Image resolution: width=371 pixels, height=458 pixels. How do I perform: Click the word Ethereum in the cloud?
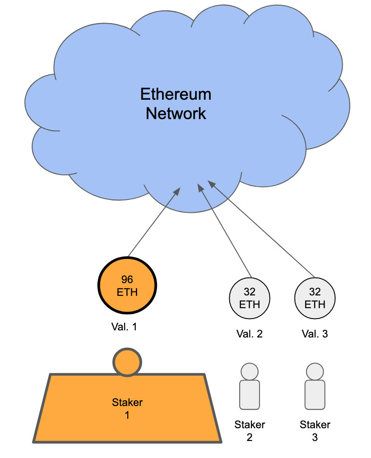[176, 94]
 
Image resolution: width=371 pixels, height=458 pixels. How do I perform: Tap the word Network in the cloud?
[176, 113]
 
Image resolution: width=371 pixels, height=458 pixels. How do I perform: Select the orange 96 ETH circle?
[127, 285]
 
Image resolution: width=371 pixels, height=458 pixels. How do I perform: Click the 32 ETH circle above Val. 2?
[250, 299]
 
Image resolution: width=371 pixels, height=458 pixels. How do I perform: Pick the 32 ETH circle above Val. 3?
[315, 299]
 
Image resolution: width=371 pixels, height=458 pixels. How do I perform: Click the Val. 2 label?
[250, 334]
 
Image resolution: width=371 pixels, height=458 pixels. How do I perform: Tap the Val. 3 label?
[315, 334]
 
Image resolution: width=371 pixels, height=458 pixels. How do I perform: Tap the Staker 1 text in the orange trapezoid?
[127, 409]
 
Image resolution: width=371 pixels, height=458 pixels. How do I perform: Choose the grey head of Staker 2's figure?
[249, 371]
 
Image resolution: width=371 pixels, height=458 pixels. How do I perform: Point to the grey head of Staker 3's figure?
[314, 371]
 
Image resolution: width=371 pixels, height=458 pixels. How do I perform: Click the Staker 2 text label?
[250, 431]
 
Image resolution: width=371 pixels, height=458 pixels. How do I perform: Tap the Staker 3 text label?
[315, 431]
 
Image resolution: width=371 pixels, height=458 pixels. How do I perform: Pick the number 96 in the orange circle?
[127, 279]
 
